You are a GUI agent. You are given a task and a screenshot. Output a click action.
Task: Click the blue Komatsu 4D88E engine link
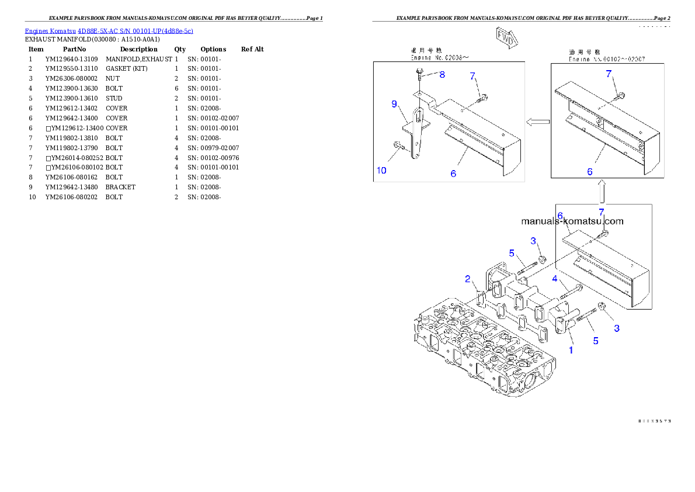tap(109, 31)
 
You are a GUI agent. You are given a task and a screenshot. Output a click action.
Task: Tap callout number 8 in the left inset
tap(442, 74)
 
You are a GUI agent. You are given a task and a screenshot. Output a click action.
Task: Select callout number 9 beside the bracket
tap(394, 104)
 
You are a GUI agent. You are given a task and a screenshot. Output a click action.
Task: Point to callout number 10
tap(381, 171)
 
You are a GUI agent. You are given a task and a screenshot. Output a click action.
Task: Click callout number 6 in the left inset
tap(453, 174)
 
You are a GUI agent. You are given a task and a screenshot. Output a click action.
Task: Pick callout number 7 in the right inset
tap(609, 74)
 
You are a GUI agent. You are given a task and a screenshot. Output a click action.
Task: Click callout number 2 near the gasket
tap(468, 279)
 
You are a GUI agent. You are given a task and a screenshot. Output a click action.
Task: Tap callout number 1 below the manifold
tap(571, 350)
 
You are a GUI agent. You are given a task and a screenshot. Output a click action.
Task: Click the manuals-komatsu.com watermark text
tap(572, 221)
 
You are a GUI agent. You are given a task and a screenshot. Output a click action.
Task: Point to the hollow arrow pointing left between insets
tap(537, 122)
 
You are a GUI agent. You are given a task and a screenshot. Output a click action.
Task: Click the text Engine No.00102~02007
tap(607, 59)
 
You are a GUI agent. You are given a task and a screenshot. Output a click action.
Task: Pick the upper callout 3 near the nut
tap(533, 241)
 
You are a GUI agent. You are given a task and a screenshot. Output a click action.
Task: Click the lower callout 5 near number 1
tap(596, 341)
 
